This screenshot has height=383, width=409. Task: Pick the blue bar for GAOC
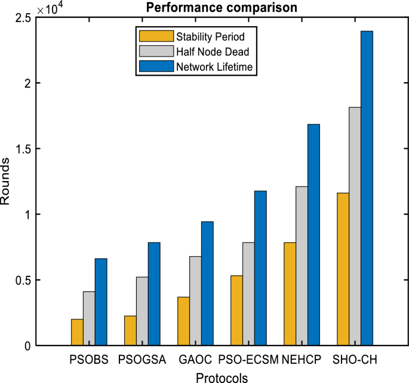coord(207,284)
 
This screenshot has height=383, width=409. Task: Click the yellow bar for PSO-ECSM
coord(236,310)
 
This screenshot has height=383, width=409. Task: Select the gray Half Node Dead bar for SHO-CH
coord(355,226)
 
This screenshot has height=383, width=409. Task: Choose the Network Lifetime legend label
coord(216,67)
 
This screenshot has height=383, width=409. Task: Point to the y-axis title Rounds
coord(6,181)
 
